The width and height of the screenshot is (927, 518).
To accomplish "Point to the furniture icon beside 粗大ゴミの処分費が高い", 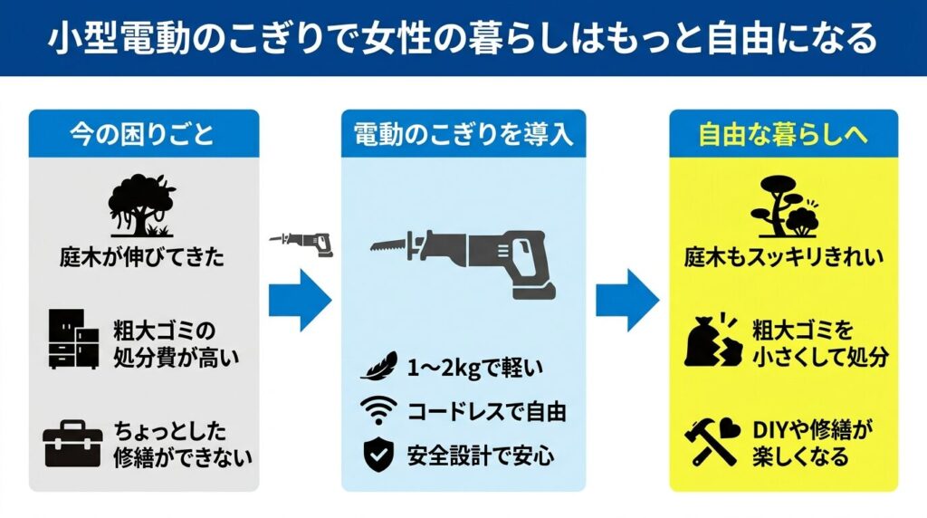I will (x=72, y=340).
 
